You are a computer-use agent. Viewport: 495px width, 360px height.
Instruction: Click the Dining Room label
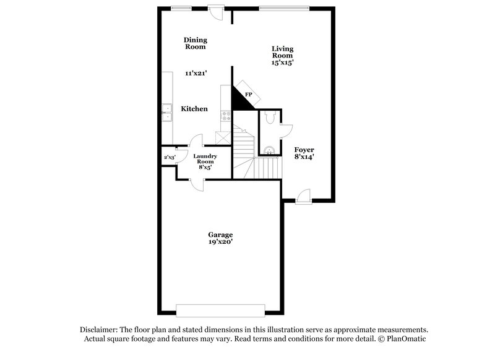coord(195,43)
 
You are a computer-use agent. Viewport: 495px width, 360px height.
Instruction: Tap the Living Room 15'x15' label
coord(283,56)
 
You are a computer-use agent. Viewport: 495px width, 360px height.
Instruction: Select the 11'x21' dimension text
coord(195,73)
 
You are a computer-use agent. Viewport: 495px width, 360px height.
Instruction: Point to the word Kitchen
coord(194,109)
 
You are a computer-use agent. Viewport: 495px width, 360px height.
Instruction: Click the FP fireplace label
coord(249,94)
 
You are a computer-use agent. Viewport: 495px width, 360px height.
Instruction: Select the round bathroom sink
coord(269,150)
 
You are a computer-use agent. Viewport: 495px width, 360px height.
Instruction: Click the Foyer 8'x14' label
coord(304,153)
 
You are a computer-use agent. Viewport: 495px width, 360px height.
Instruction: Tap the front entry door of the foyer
coord(303,197)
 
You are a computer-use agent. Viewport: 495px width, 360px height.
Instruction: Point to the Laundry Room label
coord(205,161)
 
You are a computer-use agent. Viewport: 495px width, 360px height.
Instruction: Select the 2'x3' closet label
coord(170,158)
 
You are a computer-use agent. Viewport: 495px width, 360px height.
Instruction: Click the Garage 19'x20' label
coord(220,238)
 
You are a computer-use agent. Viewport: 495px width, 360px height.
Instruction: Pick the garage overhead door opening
coord(221,309)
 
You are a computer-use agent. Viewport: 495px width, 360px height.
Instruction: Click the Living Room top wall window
coord(283,8)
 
